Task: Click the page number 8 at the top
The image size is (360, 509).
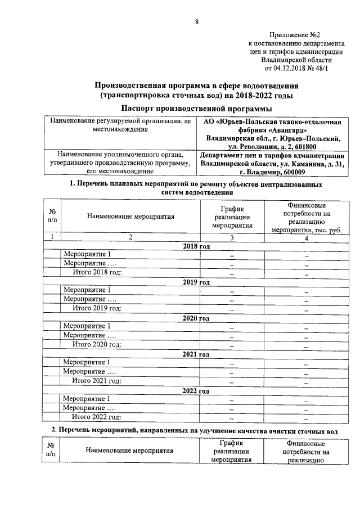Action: click(197, 22)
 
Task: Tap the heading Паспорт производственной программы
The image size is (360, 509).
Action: click(196, 108)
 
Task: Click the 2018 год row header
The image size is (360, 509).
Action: click(196, 246)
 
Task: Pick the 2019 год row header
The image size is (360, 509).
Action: click(196, 282)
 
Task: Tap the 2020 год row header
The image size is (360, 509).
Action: click(196, 318)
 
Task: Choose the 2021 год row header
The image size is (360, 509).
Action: click(196, 354)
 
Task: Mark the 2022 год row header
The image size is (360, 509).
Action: click(196, 390)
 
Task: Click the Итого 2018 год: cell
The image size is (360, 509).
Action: click(98, 273)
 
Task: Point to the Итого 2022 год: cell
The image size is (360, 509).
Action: click(98, 417)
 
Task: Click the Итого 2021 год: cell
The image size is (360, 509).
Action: click(98, 381)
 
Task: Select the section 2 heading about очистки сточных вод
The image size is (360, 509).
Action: click(196, 430)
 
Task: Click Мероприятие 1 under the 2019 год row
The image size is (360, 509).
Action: click(87, 291)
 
